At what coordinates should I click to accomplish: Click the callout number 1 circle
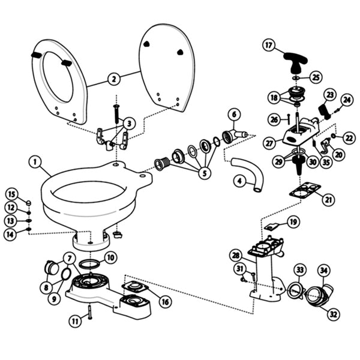pos(36,161)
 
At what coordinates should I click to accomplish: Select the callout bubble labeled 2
pos(113,78)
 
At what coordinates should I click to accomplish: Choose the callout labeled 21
pos(328,198)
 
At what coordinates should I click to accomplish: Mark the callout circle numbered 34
pos(323,271)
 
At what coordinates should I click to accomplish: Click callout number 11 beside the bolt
pos(75,322)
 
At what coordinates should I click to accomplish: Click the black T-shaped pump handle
pos(292,59)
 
